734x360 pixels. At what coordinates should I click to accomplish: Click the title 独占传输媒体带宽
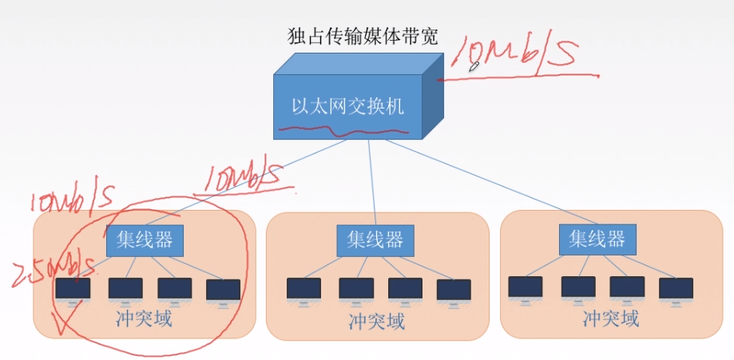pos(363,35)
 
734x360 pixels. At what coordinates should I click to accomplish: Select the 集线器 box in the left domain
pos(145,239)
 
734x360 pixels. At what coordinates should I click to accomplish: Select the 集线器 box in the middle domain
pos(375,239)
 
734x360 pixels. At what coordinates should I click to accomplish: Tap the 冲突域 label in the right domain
pos(610,319)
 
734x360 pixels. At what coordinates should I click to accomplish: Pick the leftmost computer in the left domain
pos(73,289)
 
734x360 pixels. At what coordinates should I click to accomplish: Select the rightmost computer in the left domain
pos(223,290)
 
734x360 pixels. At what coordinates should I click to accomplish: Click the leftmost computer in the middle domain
pos(304,289)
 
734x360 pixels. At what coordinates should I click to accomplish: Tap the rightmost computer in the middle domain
pos(454,290)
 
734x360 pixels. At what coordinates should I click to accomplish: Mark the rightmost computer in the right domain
pos(676,289)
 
